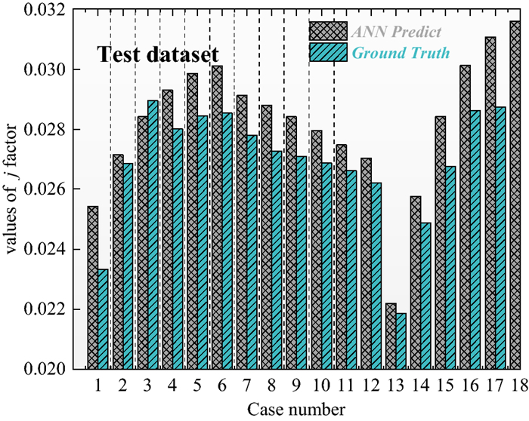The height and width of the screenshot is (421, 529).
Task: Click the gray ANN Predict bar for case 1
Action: click(x=92, y=287)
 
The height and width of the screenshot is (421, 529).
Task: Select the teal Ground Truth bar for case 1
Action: click(x=104, y=319)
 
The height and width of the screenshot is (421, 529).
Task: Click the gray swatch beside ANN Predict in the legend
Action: click(x=326, y=31)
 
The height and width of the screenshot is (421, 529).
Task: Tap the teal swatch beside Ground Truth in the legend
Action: click(x=326, y=52)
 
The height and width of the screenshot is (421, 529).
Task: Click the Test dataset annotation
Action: click(x=157, y=55)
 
